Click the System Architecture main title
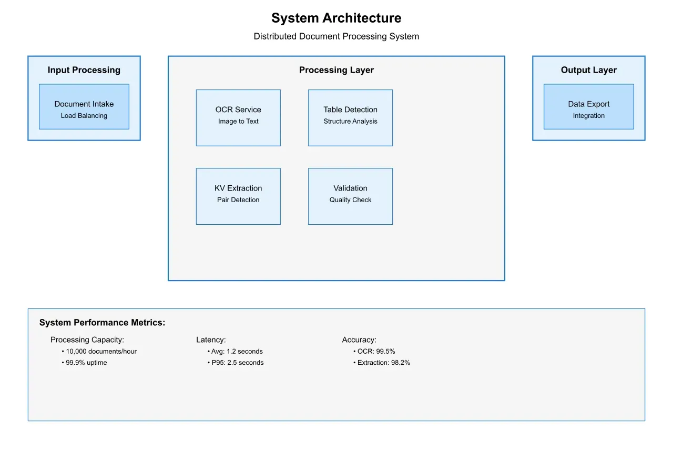point(336,18)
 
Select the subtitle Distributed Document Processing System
point(336,36)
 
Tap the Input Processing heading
point(84,70)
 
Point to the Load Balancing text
point(84,116)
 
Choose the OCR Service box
point(238,117)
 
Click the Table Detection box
point(350,117)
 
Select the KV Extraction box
point(238,196)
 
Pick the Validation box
point(350,196)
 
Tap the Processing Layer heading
point(336,70)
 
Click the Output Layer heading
point(588,70)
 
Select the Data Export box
point(588,106)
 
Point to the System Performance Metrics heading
point(102,323)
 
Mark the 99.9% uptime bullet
point(86,363)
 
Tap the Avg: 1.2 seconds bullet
point(237,351)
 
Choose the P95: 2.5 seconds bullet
point(237,363)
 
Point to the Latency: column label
point(211,340)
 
